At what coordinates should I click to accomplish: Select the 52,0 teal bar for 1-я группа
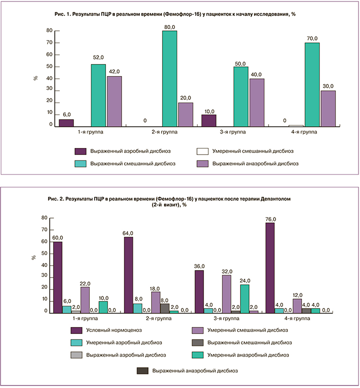tap(98, 95)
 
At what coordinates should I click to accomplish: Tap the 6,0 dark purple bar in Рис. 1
tap(66, 123)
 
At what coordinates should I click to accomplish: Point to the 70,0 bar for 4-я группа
tap(312, 84)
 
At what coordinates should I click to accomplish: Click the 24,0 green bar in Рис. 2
tap(244, 298)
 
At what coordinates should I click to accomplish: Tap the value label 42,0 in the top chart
tap(114, 70)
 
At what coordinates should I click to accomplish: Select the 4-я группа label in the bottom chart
tap(298, 318)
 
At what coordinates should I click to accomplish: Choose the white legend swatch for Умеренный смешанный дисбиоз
tap(202, 150)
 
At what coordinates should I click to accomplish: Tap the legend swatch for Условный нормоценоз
tap(76, 330)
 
